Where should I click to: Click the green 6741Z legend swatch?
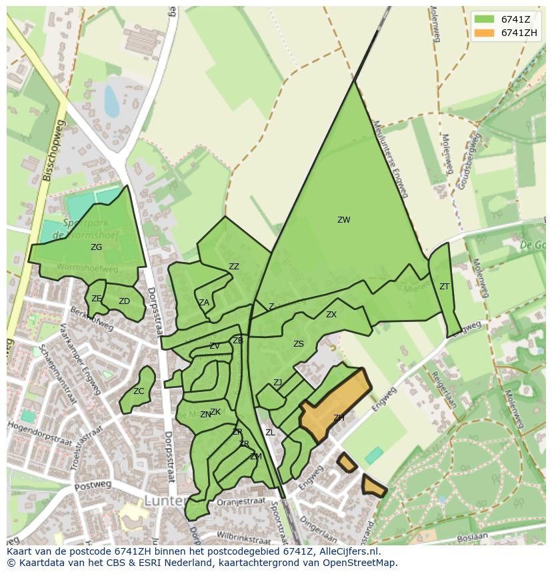pos(485,19)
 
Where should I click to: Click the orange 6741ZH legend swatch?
pos(485,33)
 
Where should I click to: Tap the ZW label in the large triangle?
pos(343,220)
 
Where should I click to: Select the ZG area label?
pos(97,247)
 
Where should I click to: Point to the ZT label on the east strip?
pos(444,287)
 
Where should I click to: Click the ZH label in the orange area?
pos(339,418)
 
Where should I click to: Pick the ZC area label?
pos(139,391)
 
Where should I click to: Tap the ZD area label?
pos(124,301)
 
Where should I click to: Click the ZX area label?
pos(331,315)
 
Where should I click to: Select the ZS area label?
pos(299,344)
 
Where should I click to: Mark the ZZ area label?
pos(234,267)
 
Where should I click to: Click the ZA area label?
pos(204,303)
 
